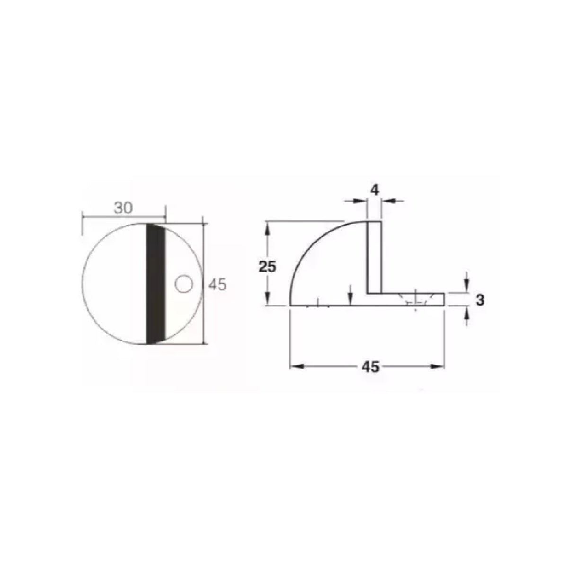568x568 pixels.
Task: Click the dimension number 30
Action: point(124,208)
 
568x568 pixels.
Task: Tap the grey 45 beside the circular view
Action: point(217,285)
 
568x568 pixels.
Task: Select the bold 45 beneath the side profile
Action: point(371,367)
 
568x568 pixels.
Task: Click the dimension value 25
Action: point(267,267)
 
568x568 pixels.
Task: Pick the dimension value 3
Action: point(480,301)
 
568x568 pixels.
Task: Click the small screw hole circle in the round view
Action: point(184,284)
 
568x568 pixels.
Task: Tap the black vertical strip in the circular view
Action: point(156,284)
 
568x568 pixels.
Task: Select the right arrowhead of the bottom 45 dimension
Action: point(438,367)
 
